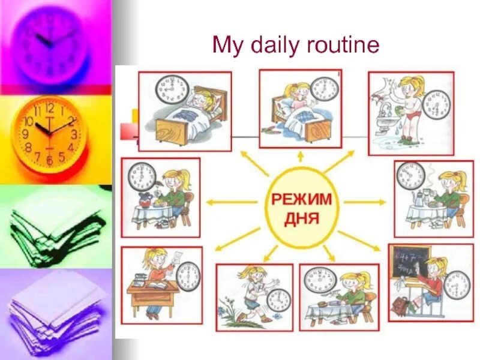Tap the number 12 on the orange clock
pyautogui.click(x=49, y=109)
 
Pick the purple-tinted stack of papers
pyautogui.click(x=57, y=312)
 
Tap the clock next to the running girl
pyautogui.click(x=278, y=299)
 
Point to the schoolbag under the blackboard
pyautogui.click(x=401, y=307)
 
